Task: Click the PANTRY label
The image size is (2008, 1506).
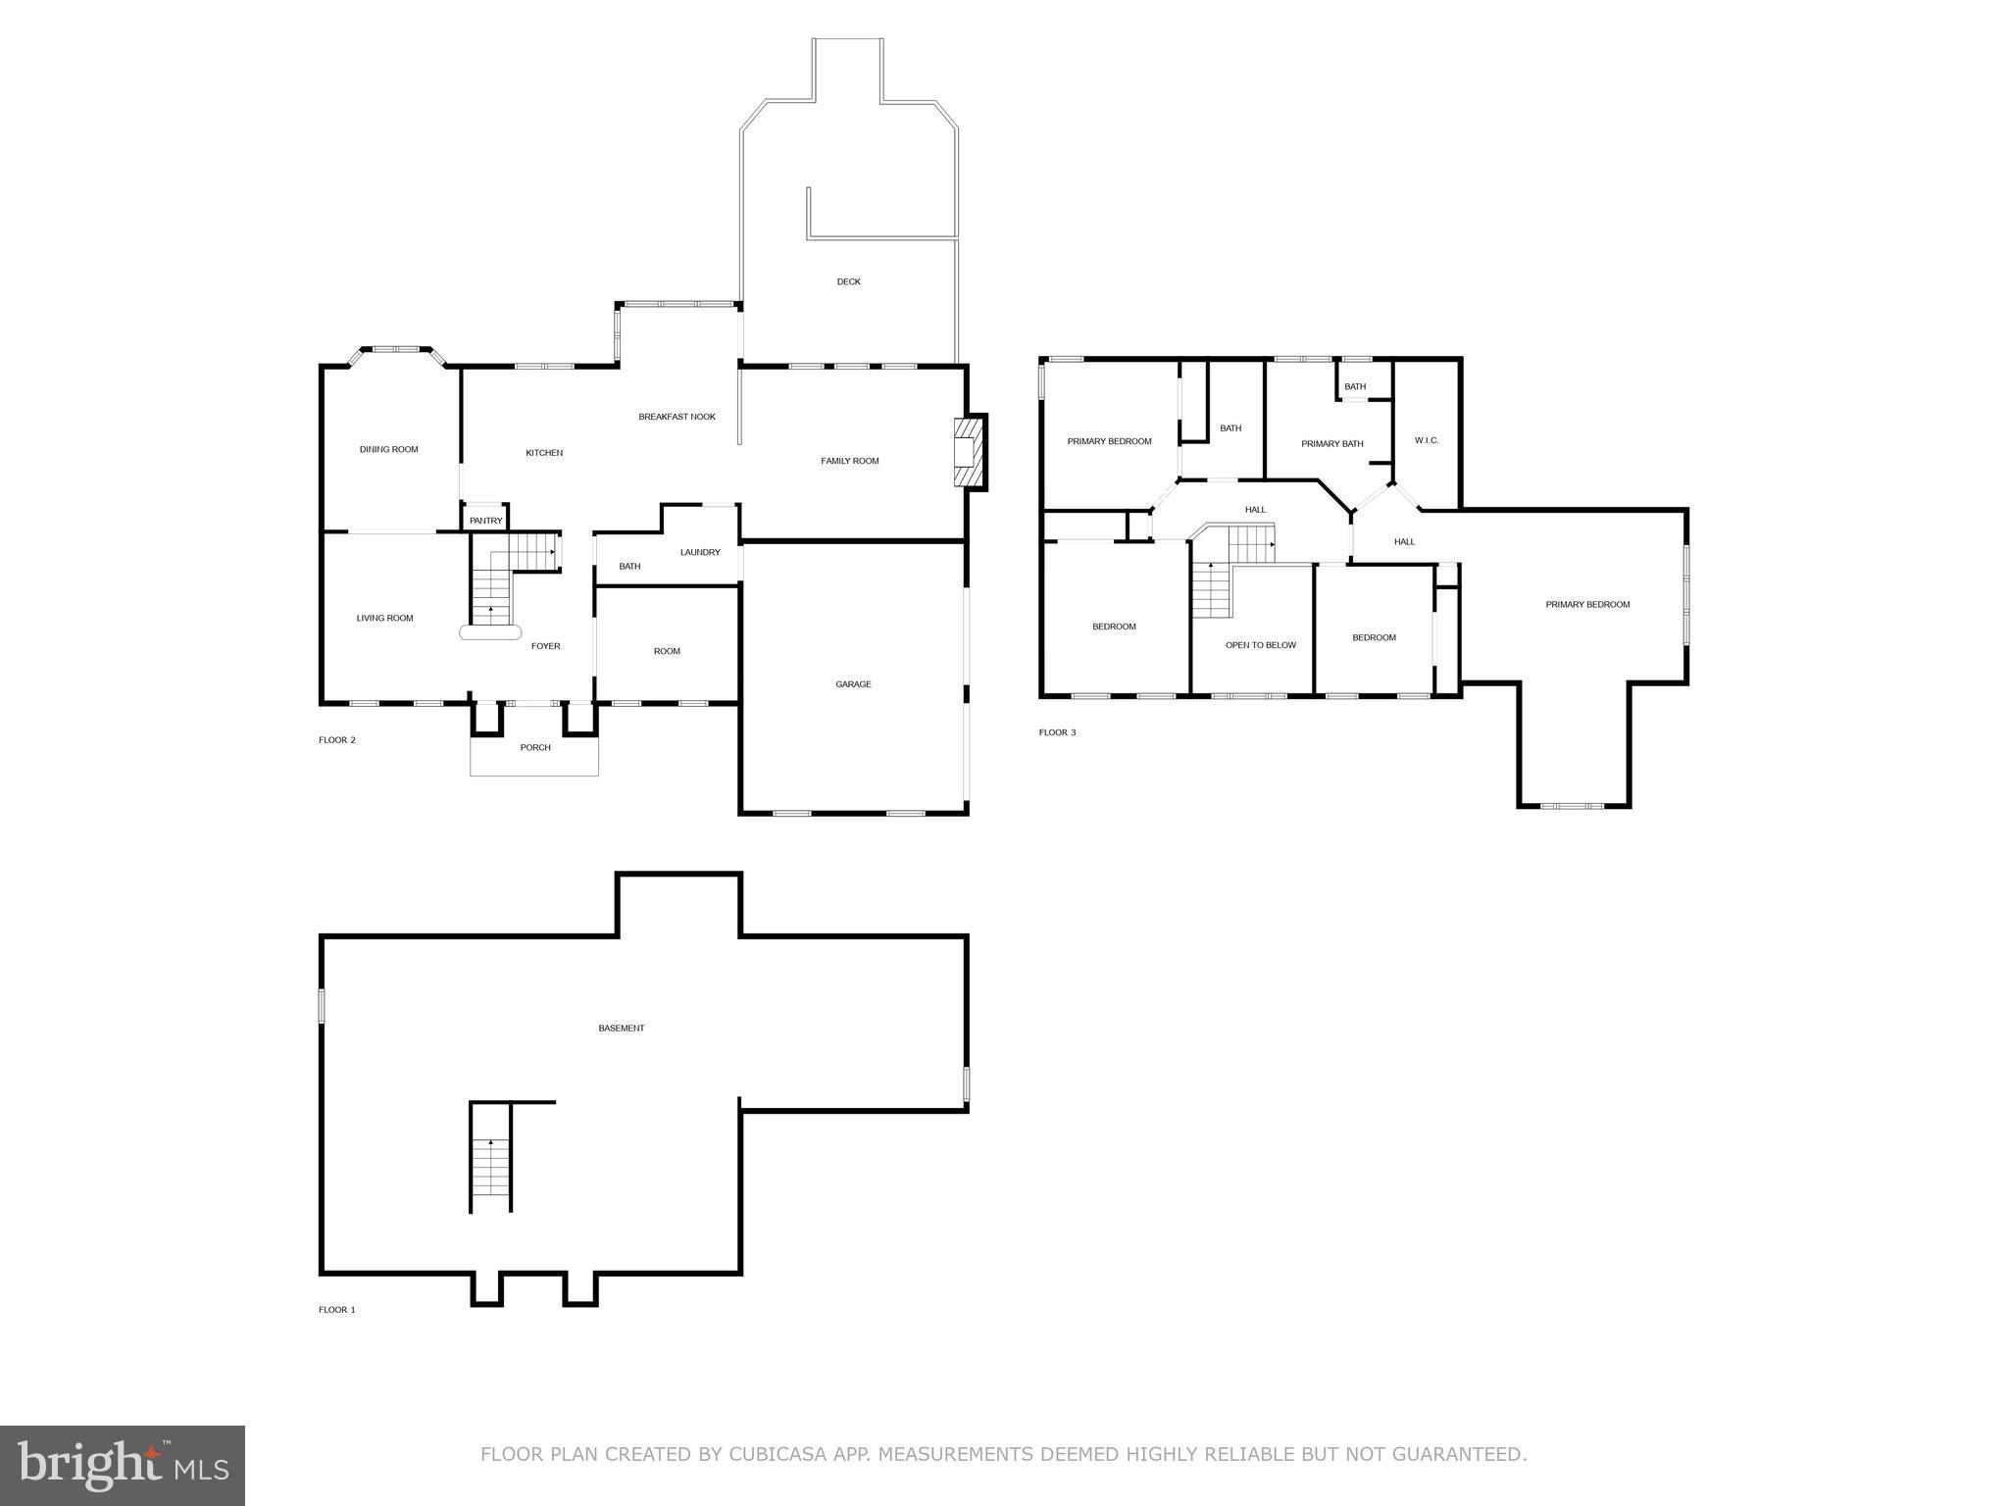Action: (x=485, y=521)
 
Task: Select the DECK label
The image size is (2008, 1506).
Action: (x=848, y=281)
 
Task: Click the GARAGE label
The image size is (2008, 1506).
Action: (x=853, y=684)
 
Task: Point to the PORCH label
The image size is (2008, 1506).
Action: (x=535, y=747)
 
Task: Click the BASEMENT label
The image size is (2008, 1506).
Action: (x=622, y=1029)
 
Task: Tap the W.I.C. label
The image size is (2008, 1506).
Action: (x=1427, y=440)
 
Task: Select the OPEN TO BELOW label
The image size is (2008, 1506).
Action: (x=1260, y=645)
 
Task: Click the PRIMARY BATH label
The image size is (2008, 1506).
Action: (x=1331, y=444)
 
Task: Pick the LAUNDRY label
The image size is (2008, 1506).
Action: (x=700, y=552)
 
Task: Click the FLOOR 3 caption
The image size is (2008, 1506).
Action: (x=1057, y=732)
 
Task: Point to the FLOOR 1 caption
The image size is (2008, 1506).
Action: (x=336, y=1310)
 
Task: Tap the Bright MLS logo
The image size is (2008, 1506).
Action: (x=123, y=1465)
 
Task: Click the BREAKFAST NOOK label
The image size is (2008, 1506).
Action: (x=677, y=417)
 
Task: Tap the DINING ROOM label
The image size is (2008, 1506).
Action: (x=388, y=449)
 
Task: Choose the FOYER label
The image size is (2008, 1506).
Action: (x=545, y=646)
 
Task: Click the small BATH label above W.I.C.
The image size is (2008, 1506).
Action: (x=1355, y=386)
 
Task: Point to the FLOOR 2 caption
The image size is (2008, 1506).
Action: (x=336, y=740)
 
